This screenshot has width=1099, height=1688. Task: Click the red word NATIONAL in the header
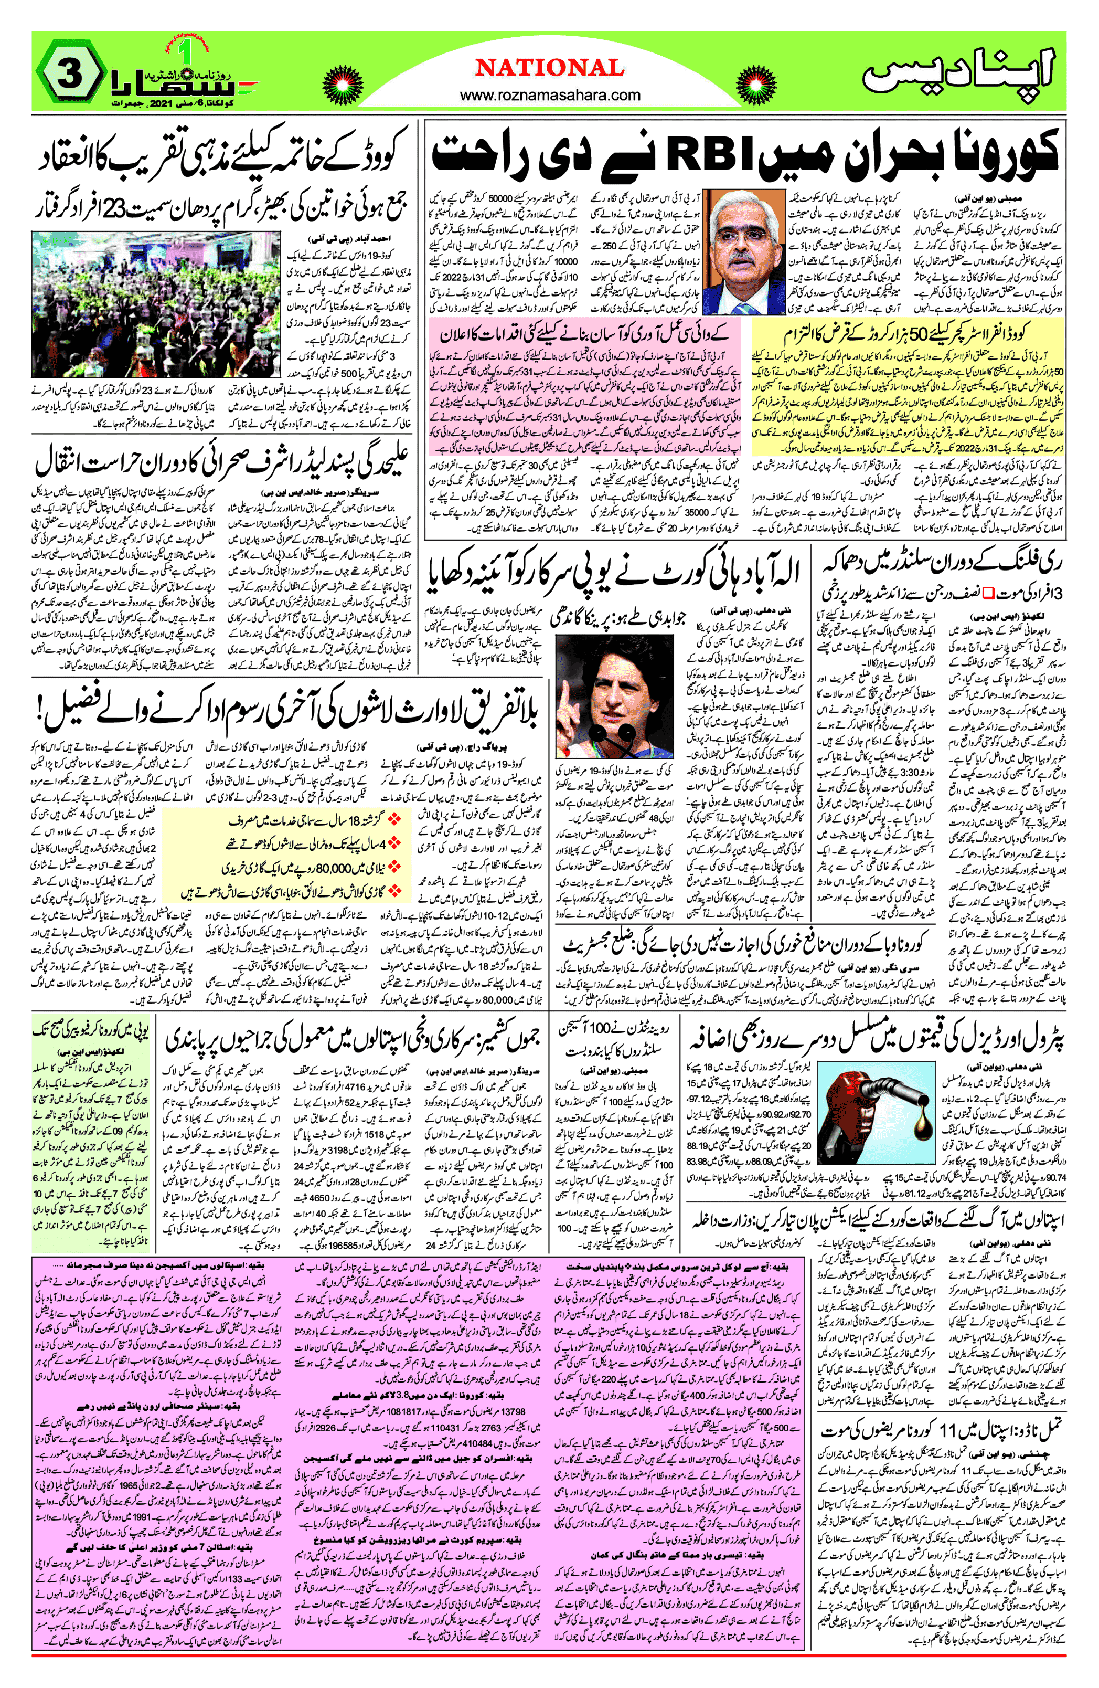(550, 68)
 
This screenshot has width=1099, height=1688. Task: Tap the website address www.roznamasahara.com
(550, 95)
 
